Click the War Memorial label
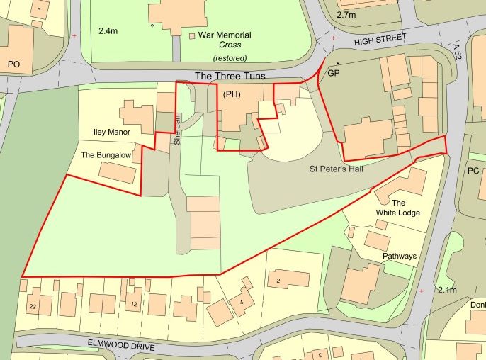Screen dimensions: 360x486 [225, 35]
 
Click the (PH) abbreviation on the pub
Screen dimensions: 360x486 [232, 94]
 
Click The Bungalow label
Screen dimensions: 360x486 [108, 154]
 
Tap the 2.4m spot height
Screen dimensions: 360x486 [108, 31]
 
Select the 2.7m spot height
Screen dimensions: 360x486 [346, 14]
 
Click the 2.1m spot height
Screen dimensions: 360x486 [448, 291]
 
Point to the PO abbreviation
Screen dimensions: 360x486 [13, 64]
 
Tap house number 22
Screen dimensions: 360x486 [33, 306]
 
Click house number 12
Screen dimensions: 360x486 [133, 305]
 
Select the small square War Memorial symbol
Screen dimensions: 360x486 [192, 35]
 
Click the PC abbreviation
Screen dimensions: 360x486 [473, 171]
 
